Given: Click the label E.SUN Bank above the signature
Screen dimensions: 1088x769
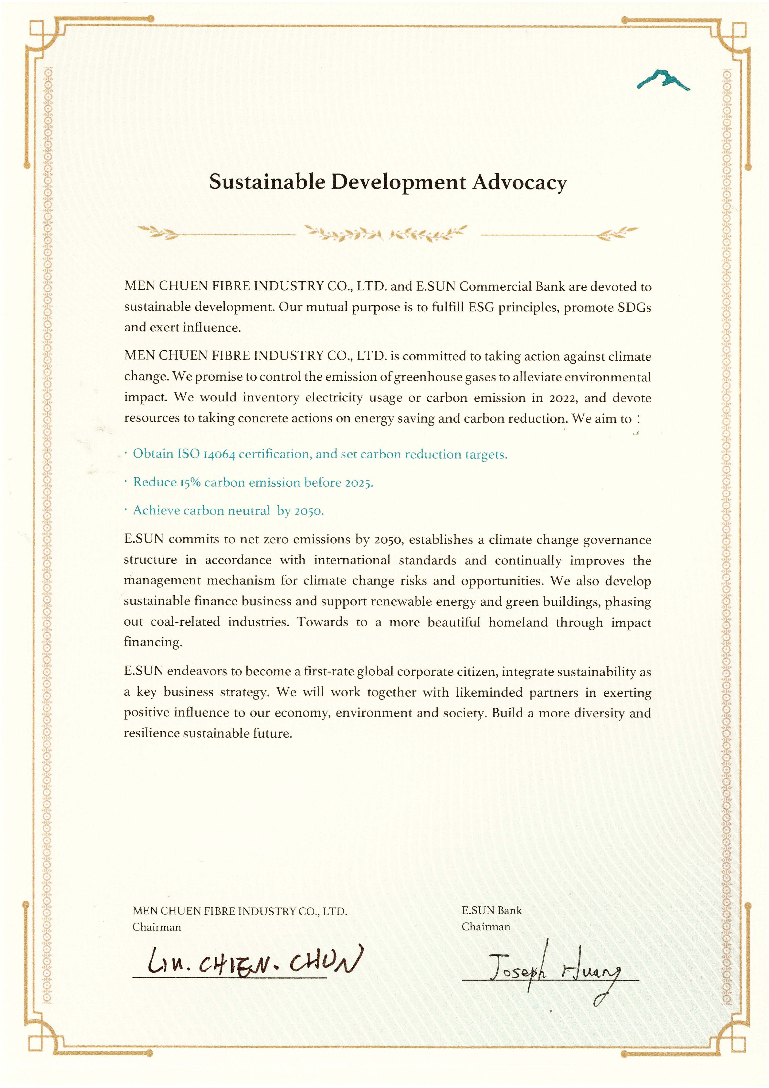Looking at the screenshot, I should (x=491, y=910).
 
